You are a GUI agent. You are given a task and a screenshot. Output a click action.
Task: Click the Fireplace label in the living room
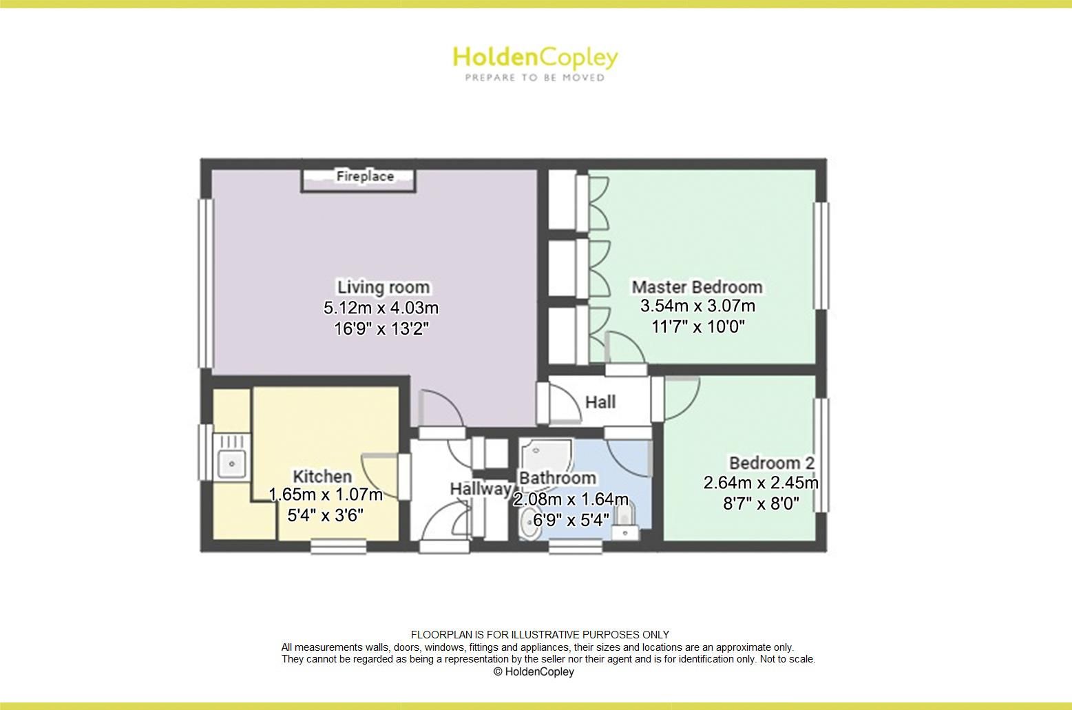[x=365, y=176]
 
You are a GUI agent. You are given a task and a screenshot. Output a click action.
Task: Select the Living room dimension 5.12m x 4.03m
[x=381, y=307]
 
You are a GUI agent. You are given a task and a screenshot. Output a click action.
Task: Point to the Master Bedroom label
[x=697, y=286]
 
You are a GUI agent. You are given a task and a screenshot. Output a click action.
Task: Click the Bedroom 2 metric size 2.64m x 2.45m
[x=761, y=483]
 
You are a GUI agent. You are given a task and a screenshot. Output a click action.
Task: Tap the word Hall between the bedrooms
[x=600, y=402]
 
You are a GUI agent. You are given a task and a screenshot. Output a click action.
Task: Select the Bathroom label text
[x=558, y=478]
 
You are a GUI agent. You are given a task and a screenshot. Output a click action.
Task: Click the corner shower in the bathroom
[x=545, y=457]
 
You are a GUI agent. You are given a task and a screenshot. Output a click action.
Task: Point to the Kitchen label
[x=322, y=477]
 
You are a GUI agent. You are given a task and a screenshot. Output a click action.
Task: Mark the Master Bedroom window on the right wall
[x=821, y=255]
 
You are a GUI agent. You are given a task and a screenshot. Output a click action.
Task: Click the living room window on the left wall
[x=206, y=284]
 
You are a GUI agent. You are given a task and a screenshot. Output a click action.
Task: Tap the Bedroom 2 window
[x=821, y=455]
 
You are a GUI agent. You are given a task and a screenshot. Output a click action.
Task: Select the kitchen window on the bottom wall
[x=338, y=547]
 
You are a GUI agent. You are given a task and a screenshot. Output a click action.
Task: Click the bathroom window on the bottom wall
[x=575, y=547]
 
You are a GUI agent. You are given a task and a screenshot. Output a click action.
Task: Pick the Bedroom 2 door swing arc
[x=691, y=404]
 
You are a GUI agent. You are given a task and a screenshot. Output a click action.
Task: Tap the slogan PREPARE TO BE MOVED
[x=535, y=78]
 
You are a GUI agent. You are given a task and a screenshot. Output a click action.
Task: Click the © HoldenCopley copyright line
[x=534, y=671]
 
